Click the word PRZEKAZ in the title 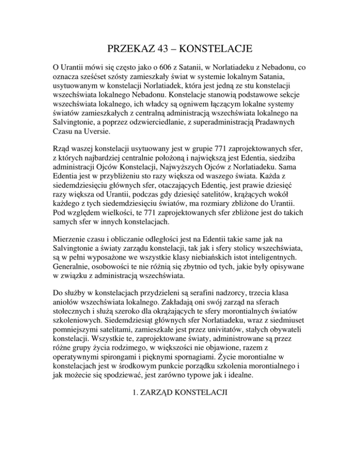click(x=129, y=48)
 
